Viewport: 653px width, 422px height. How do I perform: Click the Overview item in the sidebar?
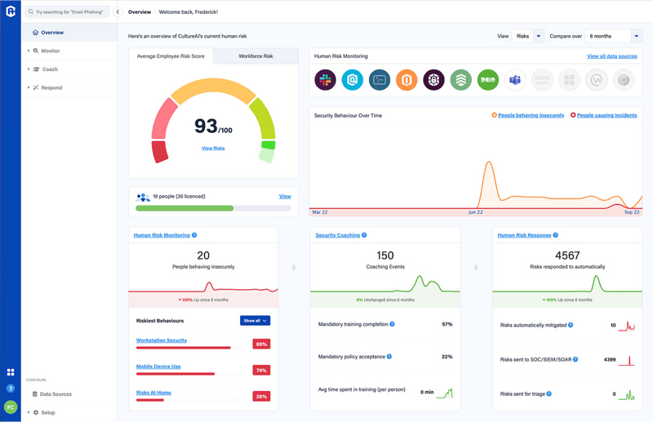52,33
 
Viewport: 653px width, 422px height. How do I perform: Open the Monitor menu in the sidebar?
51,51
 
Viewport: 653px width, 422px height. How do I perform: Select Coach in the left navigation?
50,69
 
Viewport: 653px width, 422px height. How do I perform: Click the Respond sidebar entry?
51,87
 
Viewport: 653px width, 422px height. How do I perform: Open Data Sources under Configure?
56,394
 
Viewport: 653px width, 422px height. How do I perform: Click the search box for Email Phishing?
69,12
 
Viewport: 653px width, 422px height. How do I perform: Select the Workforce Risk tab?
255,56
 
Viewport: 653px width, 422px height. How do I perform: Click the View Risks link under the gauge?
213,148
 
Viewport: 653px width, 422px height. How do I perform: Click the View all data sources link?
612,56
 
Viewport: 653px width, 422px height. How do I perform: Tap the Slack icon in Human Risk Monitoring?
325,80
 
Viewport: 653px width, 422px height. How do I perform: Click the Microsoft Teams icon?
515,80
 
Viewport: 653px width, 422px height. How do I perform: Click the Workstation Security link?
162,340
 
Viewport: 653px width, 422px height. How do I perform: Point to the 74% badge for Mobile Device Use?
261,370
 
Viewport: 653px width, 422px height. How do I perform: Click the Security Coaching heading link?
338,235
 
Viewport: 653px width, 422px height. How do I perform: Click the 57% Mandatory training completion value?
446,324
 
